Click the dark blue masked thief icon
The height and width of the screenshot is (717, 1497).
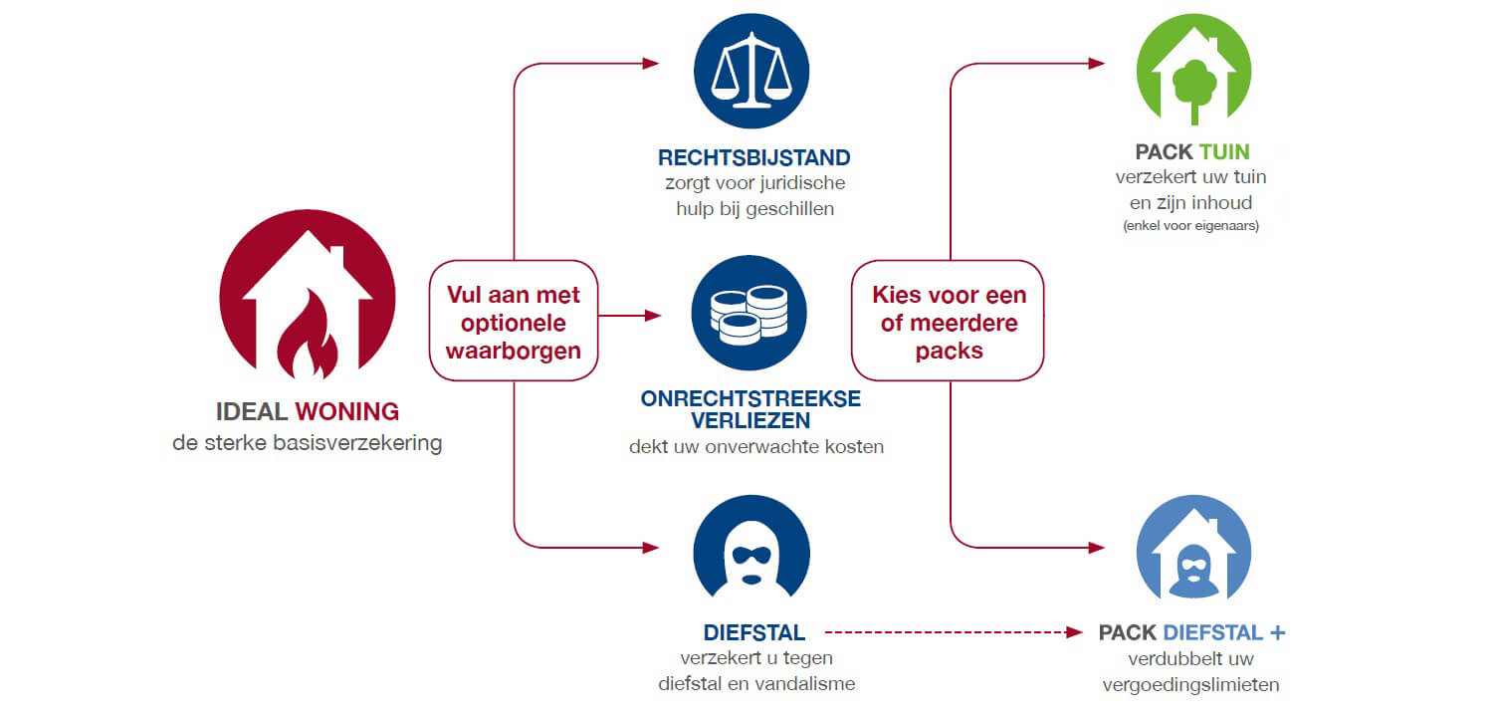751,553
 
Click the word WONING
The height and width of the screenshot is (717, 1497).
347,411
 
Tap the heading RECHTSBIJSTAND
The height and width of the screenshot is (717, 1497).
754,157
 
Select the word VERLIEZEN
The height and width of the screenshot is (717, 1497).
750,419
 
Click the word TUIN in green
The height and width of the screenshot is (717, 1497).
1224,152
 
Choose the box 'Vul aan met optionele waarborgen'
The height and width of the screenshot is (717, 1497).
514,321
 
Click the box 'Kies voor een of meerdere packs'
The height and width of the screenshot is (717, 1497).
948,321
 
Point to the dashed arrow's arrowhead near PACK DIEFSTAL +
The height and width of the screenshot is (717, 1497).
1074,632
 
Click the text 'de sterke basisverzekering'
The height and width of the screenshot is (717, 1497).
308,442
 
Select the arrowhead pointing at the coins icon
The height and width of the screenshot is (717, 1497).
653,316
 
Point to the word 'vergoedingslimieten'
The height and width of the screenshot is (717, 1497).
1190,684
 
